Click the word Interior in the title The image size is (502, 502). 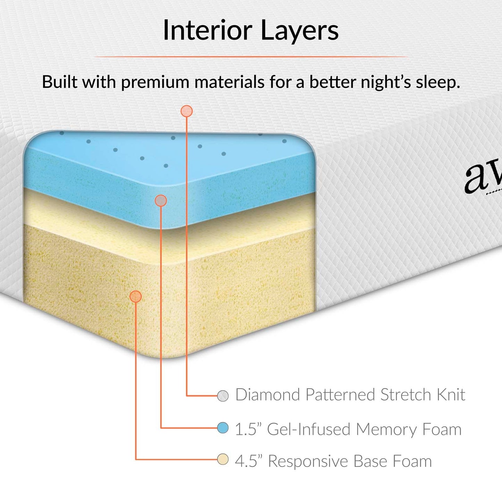coord(207,30)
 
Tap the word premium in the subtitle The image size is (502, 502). coord(156,83)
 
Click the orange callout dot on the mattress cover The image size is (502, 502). coord(187,111)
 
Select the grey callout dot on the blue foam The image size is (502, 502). coord(161,200)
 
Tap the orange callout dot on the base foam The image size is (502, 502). coord(135,296)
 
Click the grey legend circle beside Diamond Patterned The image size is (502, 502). coord(223,395)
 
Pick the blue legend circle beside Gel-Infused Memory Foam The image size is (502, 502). coord(223,428)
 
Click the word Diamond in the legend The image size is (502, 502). coord(268,395)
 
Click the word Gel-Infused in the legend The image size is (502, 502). coord(309,429)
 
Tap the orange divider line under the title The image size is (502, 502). coord(251,56)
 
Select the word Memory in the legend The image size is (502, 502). coord(386,429)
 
